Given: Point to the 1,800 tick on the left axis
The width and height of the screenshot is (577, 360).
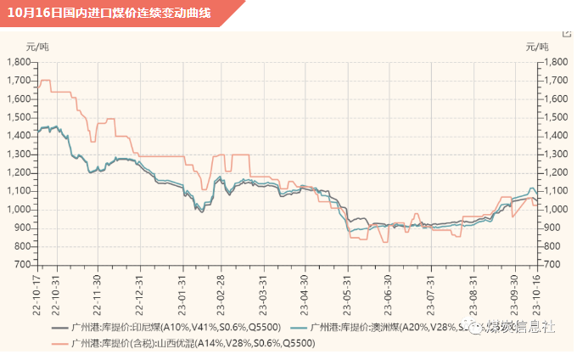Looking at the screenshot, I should point(18,62).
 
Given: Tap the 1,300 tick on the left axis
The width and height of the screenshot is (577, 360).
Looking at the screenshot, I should point(18,155).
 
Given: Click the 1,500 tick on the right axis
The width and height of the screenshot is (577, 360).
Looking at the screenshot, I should point(556,117).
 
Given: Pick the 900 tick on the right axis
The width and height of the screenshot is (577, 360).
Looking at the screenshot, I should point(553,228).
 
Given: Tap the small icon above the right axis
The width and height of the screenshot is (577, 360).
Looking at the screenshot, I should point(567,31).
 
